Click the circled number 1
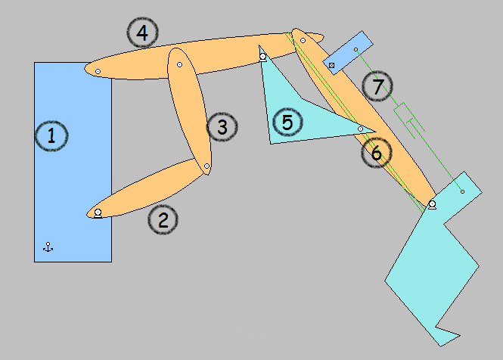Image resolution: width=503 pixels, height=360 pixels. tap(51, 136)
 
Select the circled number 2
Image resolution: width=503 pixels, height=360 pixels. tap(163, 220)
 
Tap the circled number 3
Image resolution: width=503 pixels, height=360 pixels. tap(222, 127)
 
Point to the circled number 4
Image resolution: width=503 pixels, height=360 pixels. tap(142, 33)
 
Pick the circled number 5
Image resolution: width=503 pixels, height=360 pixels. tap(287, 123)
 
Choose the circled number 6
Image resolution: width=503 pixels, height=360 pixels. tap(377, 153)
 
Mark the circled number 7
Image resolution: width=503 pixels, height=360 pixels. tap(377, 86)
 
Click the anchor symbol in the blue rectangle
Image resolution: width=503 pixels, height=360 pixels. tap(48, 247)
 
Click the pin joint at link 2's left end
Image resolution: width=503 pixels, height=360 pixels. tap(98, 213)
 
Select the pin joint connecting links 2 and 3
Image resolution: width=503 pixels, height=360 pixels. tap(206, 166)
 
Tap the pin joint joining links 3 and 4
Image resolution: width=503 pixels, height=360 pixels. tap(180, 64)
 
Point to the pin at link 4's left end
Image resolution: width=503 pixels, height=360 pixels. tap(98, 71)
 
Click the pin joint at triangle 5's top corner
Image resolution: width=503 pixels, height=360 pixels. tap(262, 57)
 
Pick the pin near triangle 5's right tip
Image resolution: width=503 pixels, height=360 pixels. tap(360, 129)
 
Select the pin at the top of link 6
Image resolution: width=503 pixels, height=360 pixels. tap(303, 40)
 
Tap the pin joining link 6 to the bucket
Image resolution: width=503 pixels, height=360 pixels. tap(432, 204)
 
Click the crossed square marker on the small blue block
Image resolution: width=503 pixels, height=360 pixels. tap(332, 66)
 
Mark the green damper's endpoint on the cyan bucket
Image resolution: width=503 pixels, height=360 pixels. tap(462, 191)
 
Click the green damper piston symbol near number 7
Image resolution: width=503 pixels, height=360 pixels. tap(409, 120)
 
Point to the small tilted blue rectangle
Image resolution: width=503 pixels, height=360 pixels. tap(348, 53)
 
